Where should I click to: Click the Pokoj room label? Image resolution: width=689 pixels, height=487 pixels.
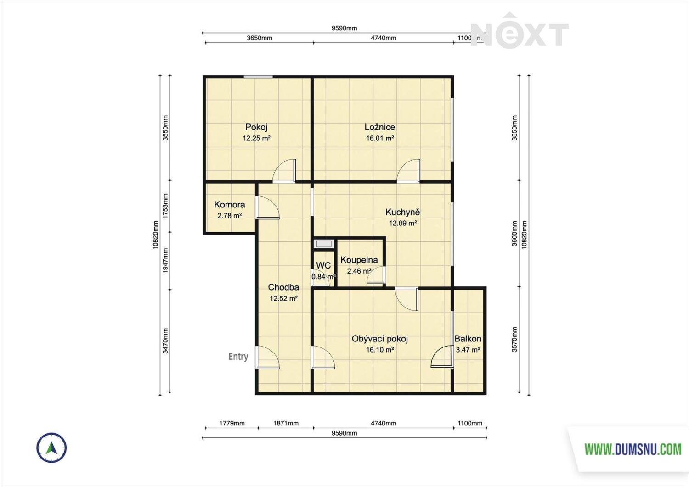(256, 127)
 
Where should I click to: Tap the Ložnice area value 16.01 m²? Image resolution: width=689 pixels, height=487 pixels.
(380, 138)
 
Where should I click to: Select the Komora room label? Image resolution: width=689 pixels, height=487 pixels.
(230, 204)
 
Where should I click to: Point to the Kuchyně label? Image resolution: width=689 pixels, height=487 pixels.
(403, 212)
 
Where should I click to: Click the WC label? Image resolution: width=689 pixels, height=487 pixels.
(323, 265)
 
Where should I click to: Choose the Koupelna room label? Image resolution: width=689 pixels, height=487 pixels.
(359, 260)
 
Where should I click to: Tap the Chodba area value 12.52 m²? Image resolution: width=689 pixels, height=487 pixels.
(283, 298)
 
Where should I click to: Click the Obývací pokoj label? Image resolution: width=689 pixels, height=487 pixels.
(380, 339)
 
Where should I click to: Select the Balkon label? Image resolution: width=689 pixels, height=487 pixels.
(468, 339)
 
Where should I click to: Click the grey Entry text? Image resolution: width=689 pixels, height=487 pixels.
(238, 356)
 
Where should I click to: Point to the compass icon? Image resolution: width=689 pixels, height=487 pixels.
(51, 448)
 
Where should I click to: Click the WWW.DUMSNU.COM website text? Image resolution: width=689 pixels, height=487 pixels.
(633, 449)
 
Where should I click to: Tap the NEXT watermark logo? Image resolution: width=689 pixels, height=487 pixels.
(520, 31)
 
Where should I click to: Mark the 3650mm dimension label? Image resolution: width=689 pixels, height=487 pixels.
(260, 38)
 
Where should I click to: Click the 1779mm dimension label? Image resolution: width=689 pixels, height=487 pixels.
(232, 423)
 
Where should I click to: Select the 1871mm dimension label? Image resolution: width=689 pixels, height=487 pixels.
(286, 423)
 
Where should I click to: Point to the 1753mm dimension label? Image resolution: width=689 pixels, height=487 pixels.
(165, 206)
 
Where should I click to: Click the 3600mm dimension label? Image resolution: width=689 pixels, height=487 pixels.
(514, 233)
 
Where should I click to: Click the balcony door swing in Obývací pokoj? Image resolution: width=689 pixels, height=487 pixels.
(442, 356)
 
